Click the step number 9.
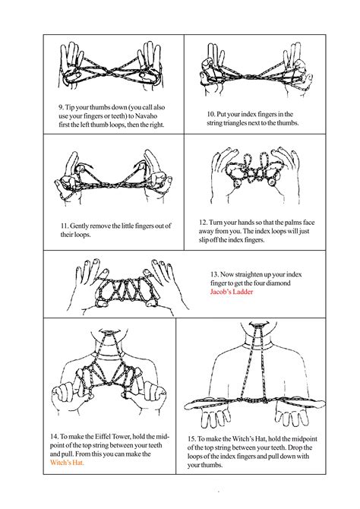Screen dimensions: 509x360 tap(60, 107)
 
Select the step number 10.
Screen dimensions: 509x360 tap(212, 113)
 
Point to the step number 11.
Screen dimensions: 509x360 tap(63, 226)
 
